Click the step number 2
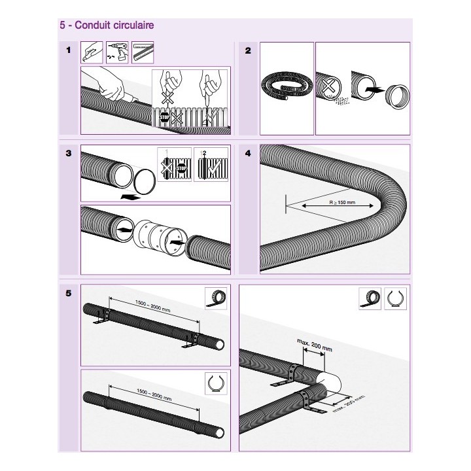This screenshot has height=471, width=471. (x=247, y=50)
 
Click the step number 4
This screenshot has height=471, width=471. (x=247, y=154)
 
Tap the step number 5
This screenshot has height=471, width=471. (x=69, y=292)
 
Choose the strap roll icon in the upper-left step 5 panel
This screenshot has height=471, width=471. (x=215, y=298)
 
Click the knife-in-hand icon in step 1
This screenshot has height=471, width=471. (x=93, y=52)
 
